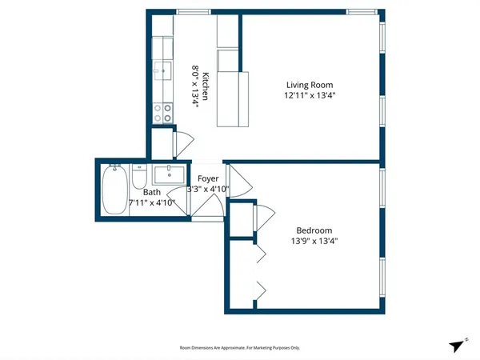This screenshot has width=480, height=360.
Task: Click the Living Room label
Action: (x=310, y=85)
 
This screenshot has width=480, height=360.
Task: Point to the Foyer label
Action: (x=208, y=178)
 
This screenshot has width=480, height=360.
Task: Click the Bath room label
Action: (x=152, y=192)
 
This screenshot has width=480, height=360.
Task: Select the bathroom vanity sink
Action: (x=169, y=174)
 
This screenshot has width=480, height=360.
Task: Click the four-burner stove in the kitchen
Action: (x=164, y=113)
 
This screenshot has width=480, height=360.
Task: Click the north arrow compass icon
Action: (x=457, y=345)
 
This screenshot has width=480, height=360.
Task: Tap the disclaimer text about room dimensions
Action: (x=239, y=348)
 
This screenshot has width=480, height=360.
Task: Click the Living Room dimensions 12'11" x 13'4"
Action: (x=310, y=96)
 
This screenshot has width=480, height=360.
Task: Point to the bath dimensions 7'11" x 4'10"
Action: (x=158, y=203)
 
